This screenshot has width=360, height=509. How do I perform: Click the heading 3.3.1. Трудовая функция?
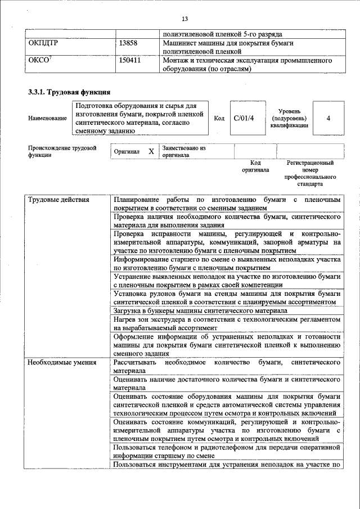pos(69,92)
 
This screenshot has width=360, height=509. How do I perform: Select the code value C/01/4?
pos(244,118)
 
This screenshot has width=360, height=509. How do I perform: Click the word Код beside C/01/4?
pos(219,119)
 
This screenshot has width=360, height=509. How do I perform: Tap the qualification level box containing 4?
pos(328,118)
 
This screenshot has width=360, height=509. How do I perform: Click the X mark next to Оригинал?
pos(151,152)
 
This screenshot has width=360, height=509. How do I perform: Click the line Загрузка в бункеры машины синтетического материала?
pos(200,310)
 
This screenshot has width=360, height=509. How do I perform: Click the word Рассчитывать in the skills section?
pos(135,363)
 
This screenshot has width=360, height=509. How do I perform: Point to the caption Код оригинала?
pos(255,166)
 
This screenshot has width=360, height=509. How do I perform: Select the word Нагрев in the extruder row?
pos(125,319)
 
